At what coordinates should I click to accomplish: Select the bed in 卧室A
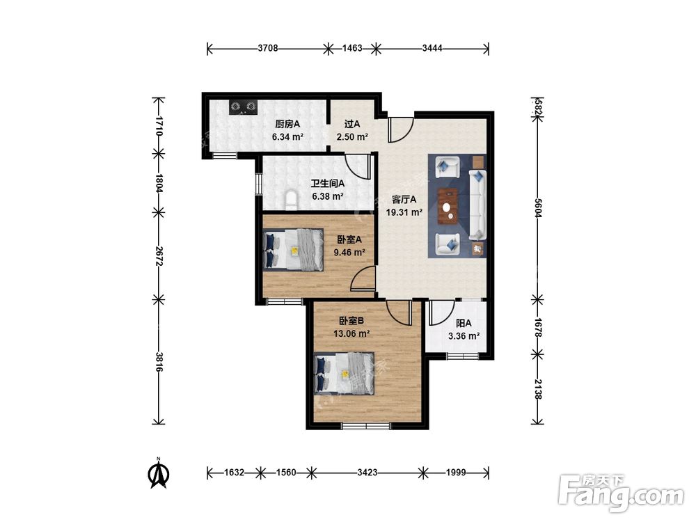[x=294, y=249]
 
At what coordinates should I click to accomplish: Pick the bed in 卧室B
[x=344, y=373]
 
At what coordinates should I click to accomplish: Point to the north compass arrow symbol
[x=159, y=473]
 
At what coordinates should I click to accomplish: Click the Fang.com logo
[x=621, y=492]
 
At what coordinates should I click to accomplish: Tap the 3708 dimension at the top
[x=268, y=49]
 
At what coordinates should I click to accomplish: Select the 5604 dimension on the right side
[x=537, y=207]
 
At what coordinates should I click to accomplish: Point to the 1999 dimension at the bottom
[x=456, y=473]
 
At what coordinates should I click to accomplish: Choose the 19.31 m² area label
[x=404, y=212]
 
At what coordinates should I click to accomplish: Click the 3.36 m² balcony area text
[x=464, y=336]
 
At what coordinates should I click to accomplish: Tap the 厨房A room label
[x=287, y=124]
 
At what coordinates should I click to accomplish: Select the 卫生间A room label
[x=328, y=182]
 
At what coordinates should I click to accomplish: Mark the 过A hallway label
[x=352, y=124]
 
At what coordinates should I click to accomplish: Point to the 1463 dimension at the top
[x=352, y=49]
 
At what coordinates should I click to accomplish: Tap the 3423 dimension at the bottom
[x=367, y=473]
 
